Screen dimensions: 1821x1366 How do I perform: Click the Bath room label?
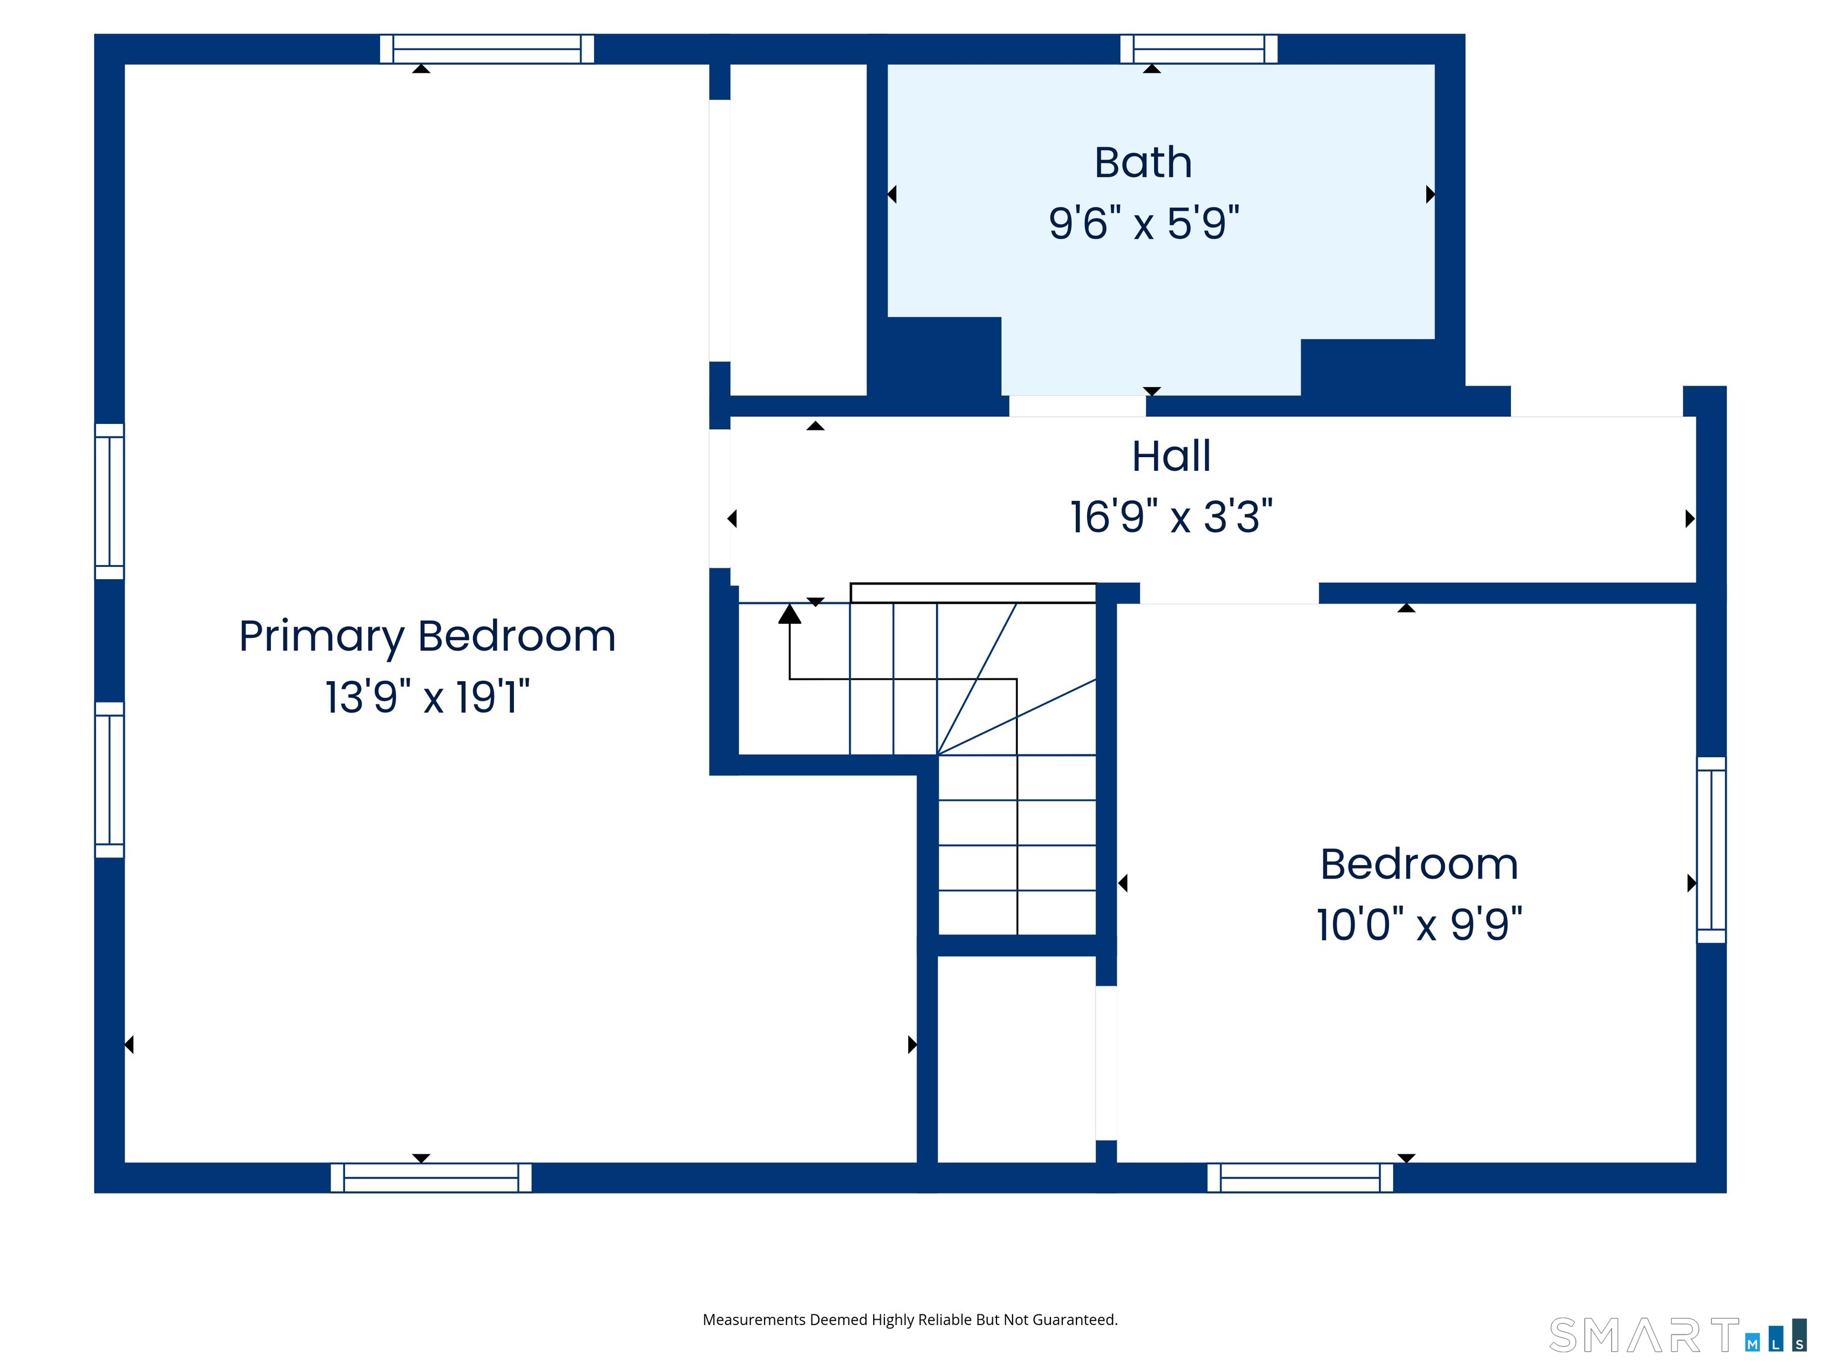click(x=1143, y=162)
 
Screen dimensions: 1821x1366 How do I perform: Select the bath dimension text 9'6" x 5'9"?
click(x=1143, y=223)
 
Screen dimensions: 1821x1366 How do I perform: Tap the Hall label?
click(x=1171, y=455)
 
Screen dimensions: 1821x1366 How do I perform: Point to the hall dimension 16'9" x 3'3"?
click(x=1171, y=517)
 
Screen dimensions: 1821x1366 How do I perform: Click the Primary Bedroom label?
click(x=427, y=637)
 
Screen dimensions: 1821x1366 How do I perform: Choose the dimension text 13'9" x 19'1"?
click(x=427, y=697)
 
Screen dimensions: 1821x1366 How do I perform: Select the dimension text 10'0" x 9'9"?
click(x=1419, y=924)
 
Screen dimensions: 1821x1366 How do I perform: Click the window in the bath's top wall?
click(x=1199, y=49)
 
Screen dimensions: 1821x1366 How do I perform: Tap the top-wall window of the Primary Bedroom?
click(x=487, y=49)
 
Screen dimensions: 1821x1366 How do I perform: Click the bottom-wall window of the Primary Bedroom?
click(x=432, y=1177)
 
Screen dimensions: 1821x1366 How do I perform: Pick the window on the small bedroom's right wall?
click(x=1711, y=850)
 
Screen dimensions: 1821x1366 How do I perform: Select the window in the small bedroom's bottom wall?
click(x=1300, y=1177)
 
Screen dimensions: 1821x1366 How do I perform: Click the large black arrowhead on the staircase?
click(x=790, y=614)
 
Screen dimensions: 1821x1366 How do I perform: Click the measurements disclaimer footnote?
click(x=910, y=1320)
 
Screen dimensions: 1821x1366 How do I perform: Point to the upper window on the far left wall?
click(x=110, y=502)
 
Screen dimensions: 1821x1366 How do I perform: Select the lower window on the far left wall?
click(x=110, y=780)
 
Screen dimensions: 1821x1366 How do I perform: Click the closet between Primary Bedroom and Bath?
click(x=798, y=229)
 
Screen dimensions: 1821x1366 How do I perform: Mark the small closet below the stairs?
click(x=1017, y=1059)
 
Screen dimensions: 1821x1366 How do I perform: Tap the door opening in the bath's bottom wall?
click(x=1078, y=406)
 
